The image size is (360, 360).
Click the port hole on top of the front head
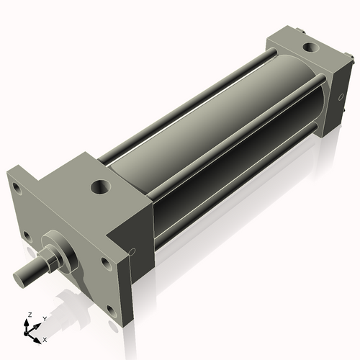pyautogui.click(x=101, y=189)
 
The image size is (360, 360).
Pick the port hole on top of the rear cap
pyautogui.click(x=310, y=48)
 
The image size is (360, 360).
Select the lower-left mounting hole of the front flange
pyautogui.click(x=27, y=235)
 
